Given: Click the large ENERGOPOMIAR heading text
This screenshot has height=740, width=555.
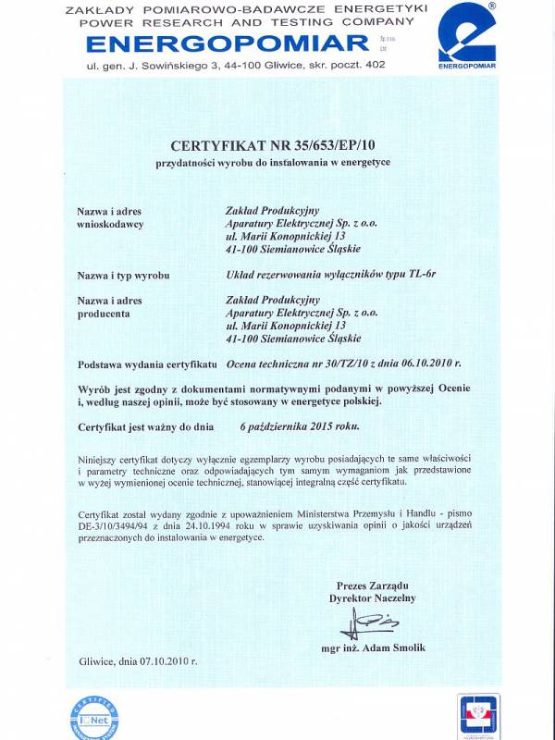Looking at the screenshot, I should tap(216, 43).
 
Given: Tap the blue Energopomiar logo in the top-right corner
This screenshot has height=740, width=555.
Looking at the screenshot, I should tap(467, 35).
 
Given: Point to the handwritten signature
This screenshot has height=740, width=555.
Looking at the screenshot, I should tap(370, 624).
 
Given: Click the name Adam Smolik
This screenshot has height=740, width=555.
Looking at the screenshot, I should tap(393, 647).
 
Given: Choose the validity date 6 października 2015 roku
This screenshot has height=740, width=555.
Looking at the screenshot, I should tap(300, 426).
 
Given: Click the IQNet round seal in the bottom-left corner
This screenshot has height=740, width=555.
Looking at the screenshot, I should tap(94, 718).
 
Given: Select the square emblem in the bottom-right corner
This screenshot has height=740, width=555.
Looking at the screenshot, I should tap(478, 716).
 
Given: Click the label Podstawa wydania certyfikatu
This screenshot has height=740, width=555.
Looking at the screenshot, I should tap(147, 364).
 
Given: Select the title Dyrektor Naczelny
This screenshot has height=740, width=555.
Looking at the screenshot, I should tap(373, 598).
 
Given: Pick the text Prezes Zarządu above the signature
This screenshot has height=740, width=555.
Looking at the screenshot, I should tap(373, 586).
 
